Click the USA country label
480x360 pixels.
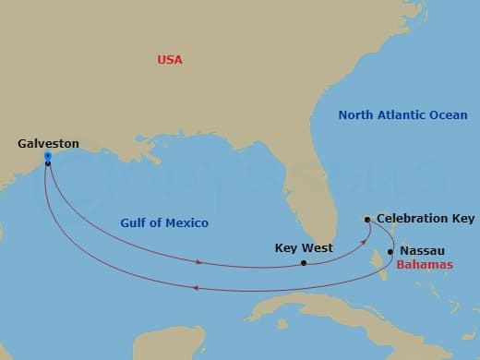click(170, 60)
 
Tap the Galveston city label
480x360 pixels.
click(48, 144)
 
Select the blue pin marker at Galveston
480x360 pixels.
click(47, 157)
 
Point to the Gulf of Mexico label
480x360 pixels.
click(164, 223)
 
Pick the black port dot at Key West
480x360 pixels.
click(304, 263)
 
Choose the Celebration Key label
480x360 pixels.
click(426, 219)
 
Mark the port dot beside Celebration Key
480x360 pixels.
click(367, 220)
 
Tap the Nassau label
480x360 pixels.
click(421, 250)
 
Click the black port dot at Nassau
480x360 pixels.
click(391, 251)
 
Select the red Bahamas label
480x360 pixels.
click(426, 265)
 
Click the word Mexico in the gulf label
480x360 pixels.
click(187, 223)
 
